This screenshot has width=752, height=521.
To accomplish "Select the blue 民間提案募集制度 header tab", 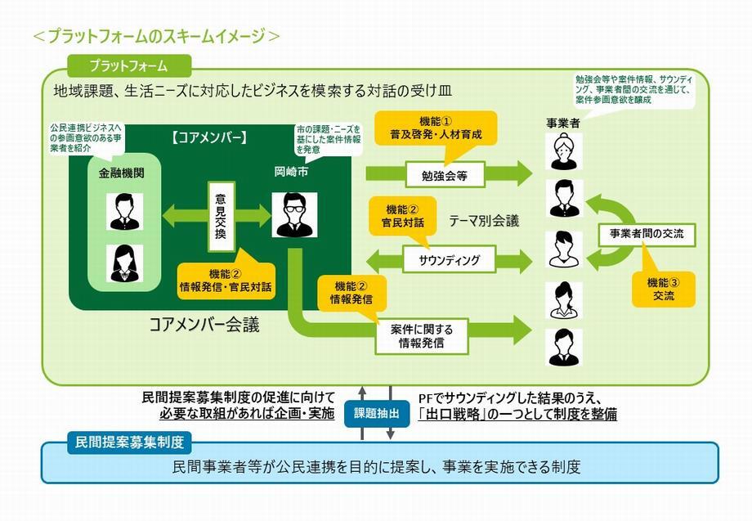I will [x=130, y=442].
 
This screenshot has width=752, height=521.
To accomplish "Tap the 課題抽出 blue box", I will [x=376, y=413].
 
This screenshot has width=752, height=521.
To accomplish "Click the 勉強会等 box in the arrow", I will [x=445, y=173].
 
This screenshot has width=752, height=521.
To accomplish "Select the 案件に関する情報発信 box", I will [x=422, y=335].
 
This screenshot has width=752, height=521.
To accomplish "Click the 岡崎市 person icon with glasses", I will [x=289, y=215].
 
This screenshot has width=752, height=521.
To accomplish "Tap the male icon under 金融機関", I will [x=125, y=212].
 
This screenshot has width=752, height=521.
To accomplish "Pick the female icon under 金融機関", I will [x=125, y=263].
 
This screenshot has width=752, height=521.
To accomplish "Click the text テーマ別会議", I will [x=484, y=221].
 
